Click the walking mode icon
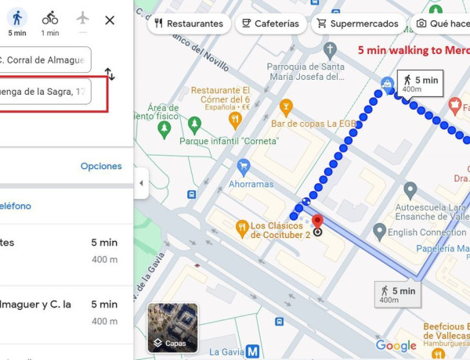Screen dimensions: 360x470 17,18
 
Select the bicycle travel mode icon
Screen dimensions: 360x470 50,18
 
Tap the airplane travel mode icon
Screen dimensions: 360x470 83,18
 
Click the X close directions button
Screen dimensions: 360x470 110,20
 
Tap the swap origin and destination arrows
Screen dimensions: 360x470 110,75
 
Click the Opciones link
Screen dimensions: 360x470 101,166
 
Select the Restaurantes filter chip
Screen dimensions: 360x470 189,23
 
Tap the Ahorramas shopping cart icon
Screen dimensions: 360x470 243,166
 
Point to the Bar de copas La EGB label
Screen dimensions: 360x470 313,123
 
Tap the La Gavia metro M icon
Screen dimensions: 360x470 253,351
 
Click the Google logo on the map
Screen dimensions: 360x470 396,346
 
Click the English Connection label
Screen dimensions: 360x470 427,232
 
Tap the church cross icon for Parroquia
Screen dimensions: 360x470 330,51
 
